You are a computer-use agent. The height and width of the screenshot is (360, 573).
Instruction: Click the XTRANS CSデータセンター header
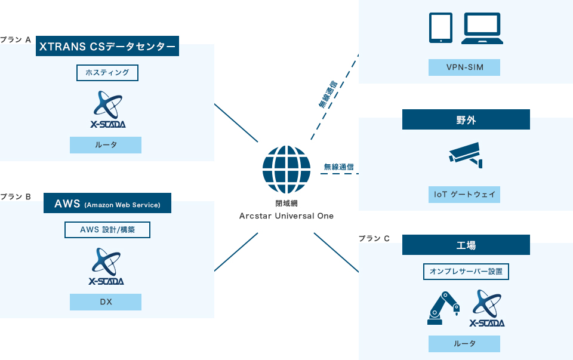point(107,46)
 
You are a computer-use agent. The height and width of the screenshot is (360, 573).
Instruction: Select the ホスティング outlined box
point(107,73)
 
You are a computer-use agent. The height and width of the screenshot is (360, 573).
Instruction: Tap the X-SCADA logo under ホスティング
point(107,109)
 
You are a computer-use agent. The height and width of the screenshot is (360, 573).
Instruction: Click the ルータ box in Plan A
point(106,145)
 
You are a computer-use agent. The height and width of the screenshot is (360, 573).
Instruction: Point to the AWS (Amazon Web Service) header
point(107,204)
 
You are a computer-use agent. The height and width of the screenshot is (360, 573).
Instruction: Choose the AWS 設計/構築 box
point(107,230)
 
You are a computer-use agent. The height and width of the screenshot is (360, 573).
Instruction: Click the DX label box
point(106,302)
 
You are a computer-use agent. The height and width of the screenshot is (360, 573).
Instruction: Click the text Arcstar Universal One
point(286,216)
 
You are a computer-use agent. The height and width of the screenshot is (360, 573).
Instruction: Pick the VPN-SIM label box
point(464,67)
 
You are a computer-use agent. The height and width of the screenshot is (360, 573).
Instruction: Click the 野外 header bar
point(466,119)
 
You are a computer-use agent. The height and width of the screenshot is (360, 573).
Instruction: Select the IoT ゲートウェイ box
point(464,195)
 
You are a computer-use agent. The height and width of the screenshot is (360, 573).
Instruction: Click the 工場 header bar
point(466,245)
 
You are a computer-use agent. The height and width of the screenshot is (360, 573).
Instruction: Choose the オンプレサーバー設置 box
point(466,272)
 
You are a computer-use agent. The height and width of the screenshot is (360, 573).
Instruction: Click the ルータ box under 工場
point(464,344)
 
